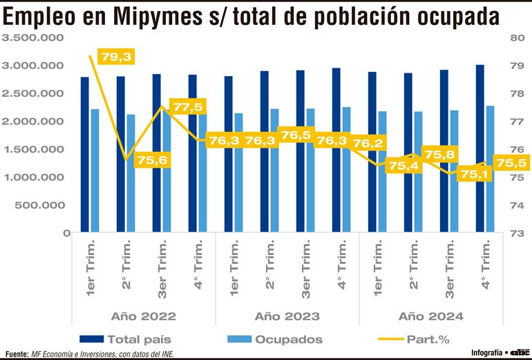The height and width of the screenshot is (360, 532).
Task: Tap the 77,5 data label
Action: point(189,107)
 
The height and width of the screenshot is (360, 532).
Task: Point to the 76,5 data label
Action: point(296,135)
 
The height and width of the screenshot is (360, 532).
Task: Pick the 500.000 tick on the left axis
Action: point(39,205)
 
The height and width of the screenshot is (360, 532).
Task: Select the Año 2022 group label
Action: point(144,316)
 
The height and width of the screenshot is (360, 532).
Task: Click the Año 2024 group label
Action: point(431,316)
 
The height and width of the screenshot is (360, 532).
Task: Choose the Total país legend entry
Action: point(138,339)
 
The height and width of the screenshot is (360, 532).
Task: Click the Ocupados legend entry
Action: point(289,339)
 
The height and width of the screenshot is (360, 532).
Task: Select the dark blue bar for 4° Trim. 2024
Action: point(479,149)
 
